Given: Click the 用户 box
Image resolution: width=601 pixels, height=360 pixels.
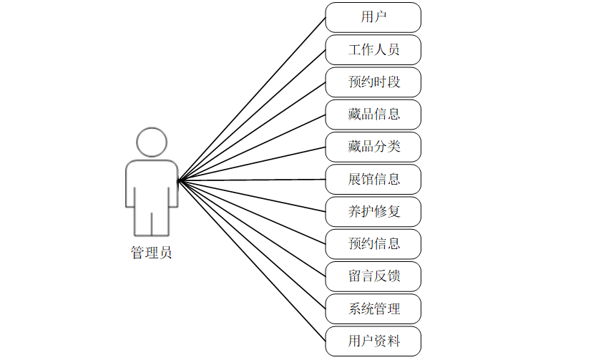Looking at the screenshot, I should (373, 17).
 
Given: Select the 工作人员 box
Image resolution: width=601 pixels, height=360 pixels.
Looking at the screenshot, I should (373, 49).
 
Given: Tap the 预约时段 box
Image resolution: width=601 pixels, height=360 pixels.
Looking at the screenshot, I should (373, 82).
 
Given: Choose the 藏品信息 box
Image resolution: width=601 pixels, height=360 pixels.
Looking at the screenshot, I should (373, 114).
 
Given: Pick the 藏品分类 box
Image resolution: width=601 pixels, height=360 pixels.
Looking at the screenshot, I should (373, 147).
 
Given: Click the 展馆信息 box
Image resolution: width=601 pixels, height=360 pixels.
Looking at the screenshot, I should (373, 179).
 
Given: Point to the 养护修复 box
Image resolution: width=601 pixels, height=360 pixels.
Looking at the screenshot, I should (373, 211).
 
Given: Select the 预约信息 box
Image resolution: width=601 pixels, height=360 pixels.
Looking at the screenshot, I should (373, 243).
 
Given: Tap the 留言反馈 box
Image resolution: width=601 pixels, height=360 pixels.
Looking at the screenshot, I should (373, 276).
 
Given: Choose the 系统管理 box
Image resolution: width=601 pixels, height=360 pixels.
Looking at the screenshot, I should (373, 308).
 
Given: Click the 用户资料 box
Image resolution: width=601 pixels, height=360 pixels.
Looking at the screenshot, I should (373, 341).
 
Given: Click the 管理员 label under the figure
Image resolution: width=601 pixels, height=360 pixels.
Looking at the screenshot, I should (151, 253).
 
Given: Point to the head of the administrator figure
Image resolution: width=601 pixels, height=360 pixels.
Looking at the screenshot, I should (152, 142).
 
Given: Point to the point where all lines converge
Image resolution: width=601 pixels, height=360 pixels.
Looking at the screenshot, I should (179, 179).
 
